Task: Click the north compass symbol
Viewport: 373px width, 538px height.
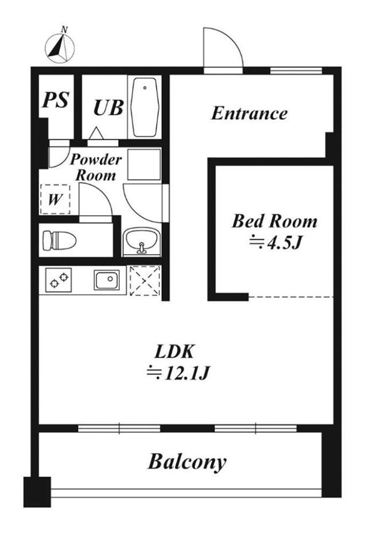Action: (60, 48)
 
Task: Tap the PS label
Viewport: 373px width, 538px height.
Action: (56, 100)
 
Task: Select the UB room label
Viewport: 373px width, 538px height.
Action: (108, 107)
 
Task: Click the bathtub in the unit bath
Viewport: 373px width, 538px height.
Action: (145, 107)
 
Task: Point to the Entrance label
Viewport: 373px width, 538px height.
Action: (249, 113)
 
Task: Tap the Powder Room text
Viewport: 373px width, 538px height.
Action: (96, 167)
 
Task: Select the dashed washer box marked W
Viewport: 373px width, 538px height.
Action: (55, 200)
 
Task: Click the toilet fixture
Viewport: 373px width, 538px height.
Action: (59, 240)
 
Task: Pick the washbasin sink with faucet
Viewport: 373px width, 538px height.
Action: (141, 241)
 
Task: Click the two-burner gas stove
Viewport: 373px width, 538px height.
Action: (59, 280)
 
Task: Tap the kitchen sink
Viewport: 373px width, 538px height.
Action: (107, 280)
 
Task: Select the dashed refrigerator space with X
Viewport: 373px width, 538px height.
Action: (145, 280)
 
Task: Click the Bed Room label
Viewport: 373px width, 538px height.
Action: (274, 221)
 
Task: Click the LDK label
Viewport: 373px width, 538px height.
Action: (175, 352)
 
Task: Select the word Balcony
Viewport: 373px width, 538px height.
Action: (187, 462)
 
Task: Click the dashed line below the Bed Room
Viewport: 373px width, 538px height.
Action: (291, 297)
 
